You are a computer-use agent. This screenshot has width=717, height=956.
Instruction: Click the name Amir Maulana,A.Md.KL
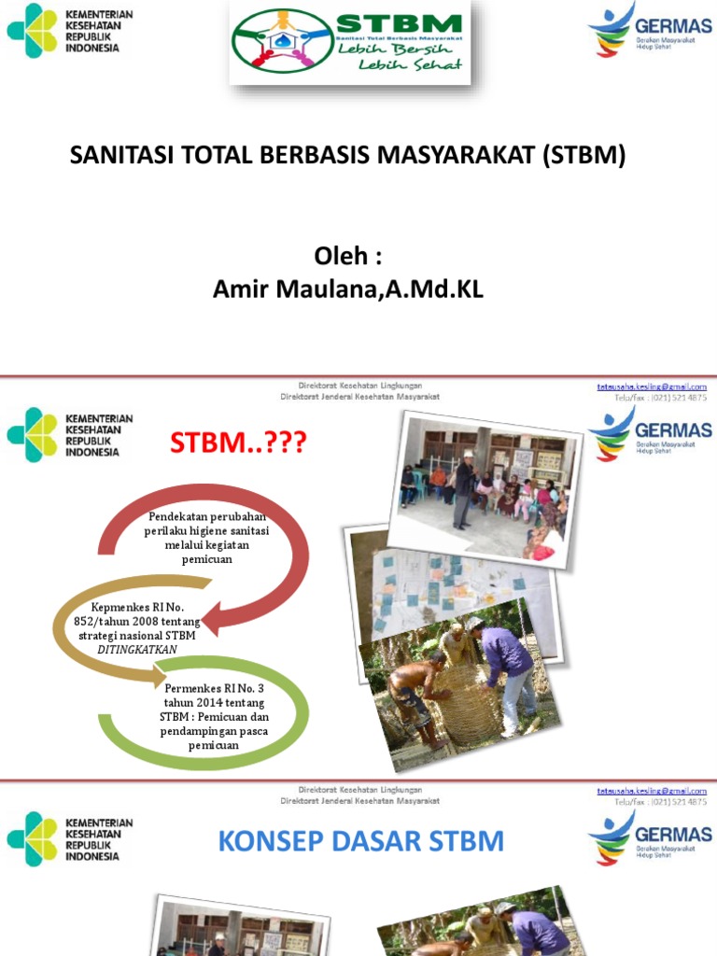[348, 289]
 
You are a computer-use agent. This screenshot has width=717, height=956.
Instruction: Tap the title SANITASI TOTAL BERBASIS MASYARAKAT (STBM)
[348, 156]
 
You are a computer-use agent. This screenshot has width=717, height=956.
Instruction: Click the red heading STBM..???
[237, 443]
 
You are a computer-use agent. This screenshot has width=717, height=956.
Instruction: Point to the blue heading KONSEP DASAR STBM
[360, 841]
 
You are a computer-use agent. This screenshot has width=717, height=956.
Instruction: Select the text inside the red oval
[207, 538]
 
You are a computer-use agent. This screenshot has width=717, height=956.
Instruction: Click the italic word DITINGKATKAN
[137, 649]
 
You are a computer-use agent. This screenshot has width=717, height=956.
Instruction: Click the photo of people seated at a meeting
[483, 491]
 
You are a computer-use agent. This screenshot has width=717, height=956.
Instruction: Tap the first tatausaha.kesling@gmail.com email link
[652, 386]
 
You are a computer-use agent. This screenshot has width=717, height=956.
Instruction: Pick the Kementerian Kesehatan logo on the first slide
[71, 30]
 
